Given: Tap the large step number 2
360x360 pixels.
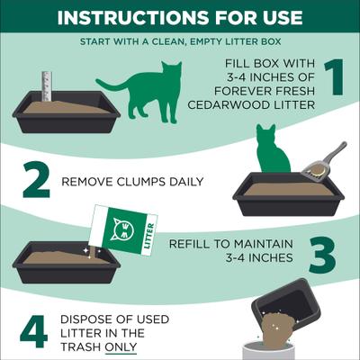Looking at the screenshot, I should (x=35, y=180).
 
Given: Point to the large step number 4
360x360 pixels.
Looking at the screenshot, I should (x=33, y=331).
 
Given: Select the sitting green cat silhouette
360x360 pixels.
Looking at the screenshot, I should (x=271, y=151).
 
